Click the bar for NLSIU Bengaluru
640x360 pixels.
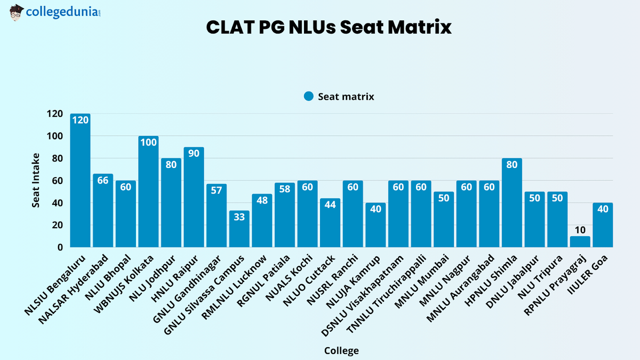(80, 181)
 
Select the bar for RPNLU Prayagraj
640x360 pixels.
(580, 242)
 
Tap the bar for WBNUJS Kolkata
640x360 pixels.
(148, 192)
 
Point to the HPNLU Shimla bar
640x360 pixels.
(511, 203)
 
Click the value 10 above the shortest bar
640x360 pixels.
(580, 230)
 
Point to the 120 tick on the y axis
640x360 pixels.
(54, 114)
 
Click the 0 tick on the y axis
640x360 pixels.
(60, 247)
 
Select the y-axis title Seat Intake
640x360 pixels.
(35, 181)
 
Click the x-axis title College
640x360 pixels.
(341, 350)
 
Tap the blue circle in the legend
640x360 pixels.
(308, 97)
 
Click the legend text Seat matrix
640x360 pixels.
(346, 97)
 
